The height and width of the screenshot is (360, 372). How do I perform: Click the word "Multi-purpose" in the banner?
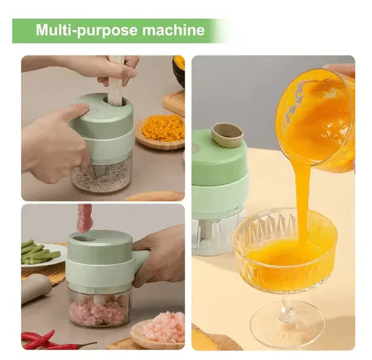tap(87, 31)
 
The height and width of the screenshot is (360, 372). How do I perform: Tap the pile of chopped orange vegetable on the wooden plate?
tap(163, 128)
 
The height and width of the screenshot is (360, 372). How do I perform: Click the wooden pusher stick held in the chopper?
tap(116, 81)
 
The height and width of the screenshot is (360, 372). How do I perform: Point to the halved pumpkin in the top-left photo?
tap(179, 70)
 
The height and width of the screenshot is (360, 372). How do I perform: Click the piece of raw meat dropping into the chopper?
tap(84, 218)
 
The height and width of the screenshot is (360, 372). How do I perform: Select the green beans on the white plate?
tap(39, 252)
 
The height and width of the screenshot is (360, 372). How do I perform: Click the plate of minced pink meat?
tap(159, 329)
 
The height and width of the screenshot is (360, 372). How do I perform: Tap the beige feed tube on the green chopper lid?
tap(227, 135)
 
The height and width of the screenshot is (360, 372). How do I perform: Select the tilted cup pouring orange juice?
tap(316, 116)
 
